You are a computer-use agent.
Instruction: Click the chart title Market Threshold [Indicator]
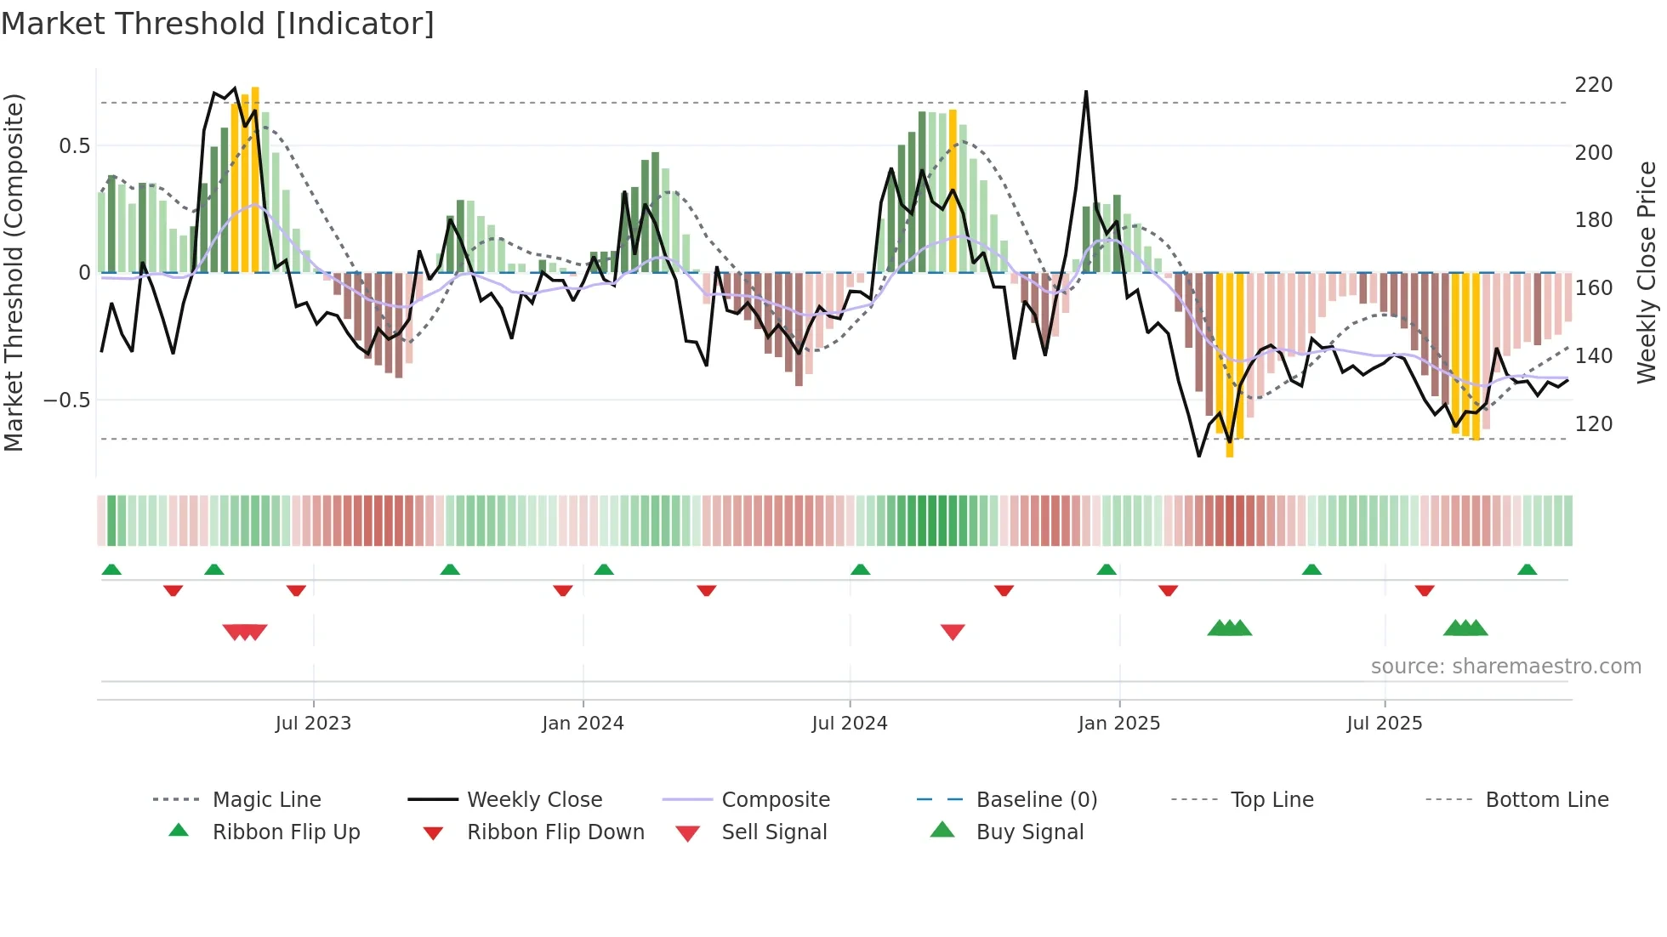pos(218,24)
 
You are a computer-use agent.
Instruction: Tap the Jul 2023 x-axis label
pos(313,723)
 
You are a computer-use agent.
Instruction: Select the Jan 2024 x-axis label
pos(583,723)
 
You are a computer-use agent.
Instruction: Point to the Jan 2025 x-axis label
pos(1118,723)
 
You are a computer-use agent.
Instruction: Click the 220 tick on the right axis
pos(1593,85)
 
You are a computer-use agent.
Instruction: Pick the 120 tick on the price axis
pos(1593,423)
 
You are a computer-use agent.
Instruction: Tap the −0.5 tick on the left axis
pos(66,400)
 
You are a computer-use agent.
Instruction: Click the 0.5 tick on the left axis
pos(74,145)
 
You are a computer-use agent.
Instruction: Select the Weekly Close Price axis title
pos(1647,272)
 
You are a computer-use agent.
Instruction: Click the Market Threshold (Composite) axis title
pos(14,272)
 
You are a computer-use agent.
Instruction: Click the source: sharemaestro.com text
pos(1505,666)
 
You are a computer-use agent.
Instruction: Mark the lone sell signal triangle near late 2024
pos(953,632)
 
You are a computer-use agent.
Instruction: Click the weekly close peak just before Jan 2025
pos(1086,92)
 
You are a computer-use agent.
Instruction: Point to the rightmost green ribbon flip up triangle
pos(1527,570)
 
